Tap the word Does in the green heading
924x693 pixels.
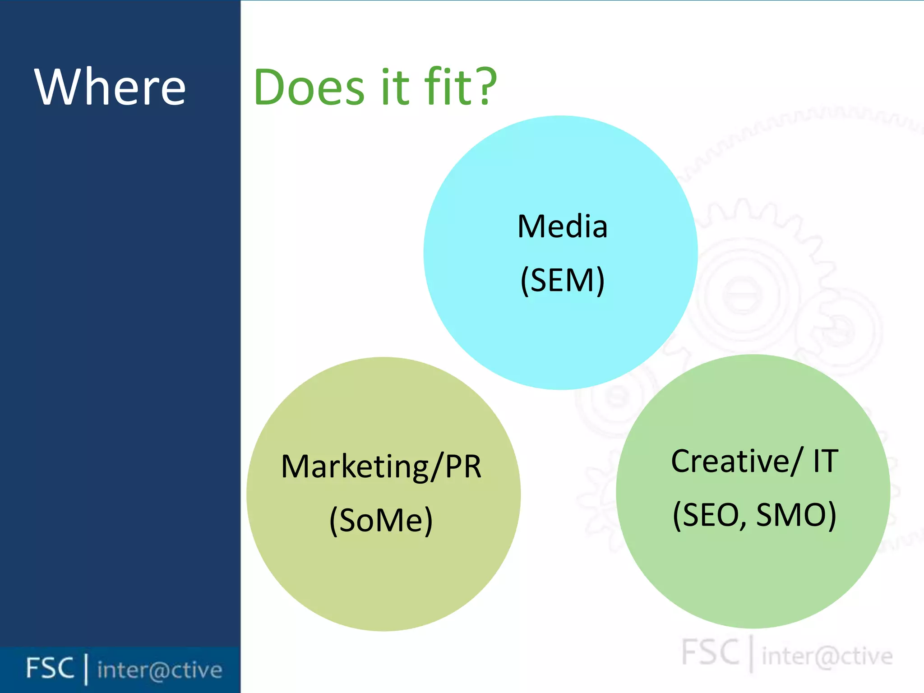tap(309, 87)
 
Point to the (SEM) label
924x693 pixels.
tap(562, 281)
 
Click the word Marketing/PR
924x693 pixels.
tap(381, 467)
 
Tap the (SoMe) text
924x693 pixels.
tap(381, 521)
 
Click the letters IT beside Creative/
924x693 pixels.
tap(826, 462)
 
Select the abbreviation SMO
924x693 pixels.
tap(796, 515)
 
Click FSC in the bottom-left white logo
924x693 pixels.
tap(50, 668)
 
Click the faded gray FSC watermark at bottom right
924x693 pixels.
tap(710, 652)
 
